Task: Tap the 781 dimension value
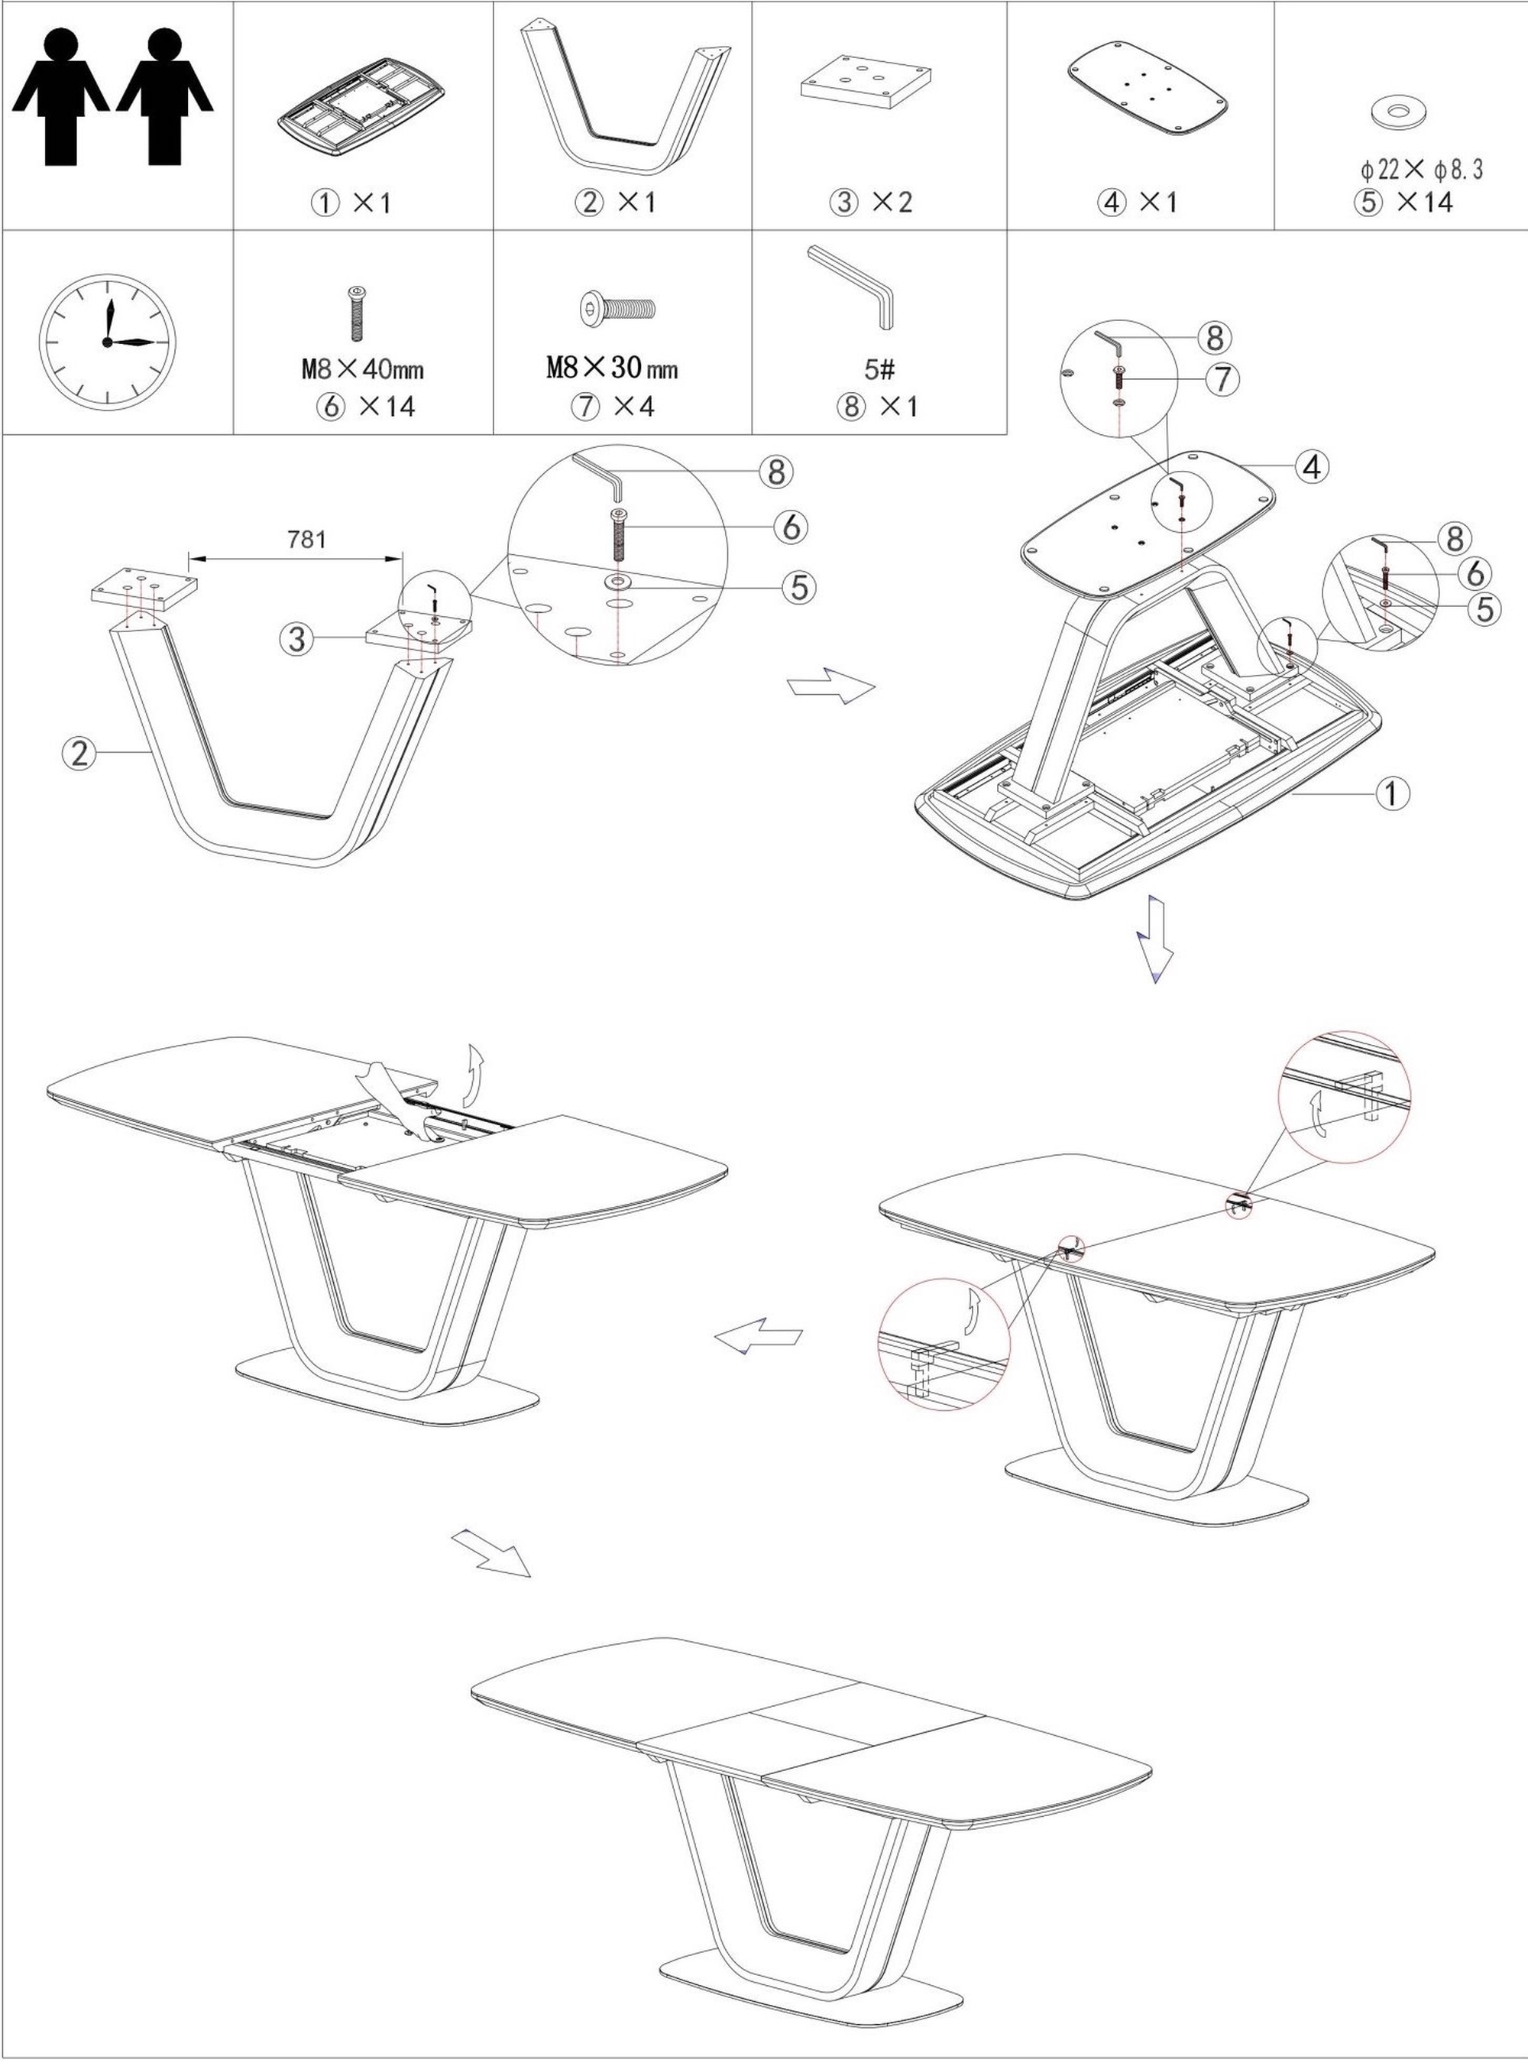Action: [x=306, y=538]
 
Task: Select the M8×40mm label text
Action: [x=363, y=369]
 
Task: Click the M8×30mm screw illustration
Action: [x=617, y=308]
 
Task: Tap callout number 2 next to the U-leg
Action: [x=79, y=753]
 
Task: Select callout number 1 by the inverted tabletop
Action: [x=1393, y=792]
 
